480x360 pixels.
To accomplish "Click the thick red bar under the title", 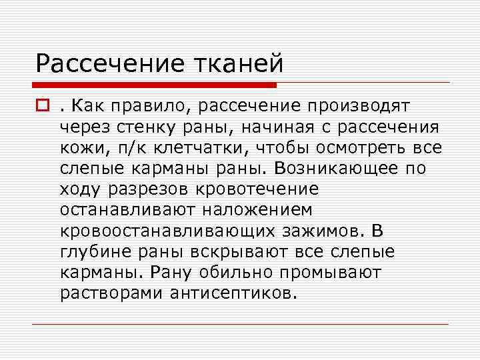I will click(156, 85).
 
